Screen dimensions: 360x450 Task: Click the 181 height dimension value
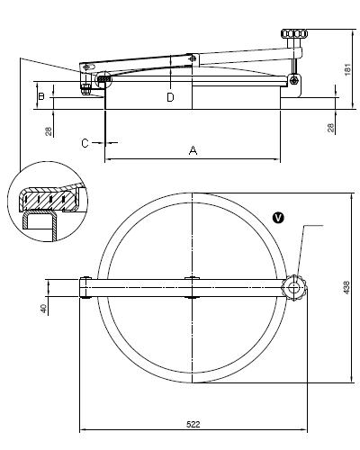[x=347, y=69]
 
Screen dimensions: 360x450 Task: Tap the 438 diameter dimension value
[x=346, y=287]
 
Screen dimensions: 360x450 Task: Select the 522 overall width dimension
[x=193, y=424]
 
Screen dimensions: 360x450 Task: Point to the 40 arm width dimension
[x=44, y=309]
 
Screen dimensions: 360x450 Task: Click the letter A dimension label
[x=193, y=150]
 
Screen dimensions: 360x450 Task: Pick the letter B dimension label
[x=41, y=96]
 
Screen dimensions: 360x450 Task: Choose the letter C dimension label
[x=85, y=143]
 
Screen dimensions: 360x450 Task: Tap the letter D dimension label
[x=170, y=97]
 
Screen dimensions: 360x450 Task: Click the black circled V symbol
[x=279, y=218]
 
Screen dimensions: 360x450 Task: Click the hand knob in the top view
[x=294, y=288]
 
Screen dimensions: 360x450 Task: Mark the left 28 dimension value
[x=49, y=131]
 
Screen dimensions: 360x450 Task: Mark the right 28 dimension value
[x=330, y=128]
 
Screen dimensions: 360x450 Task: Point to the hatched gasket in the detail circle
[x=48, y=199]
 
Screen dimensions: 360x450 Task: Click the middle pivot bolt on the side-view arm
[x=193, y=58]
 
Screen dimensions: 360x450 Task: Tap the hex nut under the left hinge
[x=85, y=89]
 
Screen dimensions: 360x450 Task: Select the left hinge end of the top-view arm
[x=85, y=288]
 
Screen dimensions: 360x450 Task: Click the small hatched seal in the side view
[x=103, y=79]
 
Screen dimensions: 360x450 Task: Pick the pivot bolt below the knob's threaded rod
[x=294, y=80]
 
